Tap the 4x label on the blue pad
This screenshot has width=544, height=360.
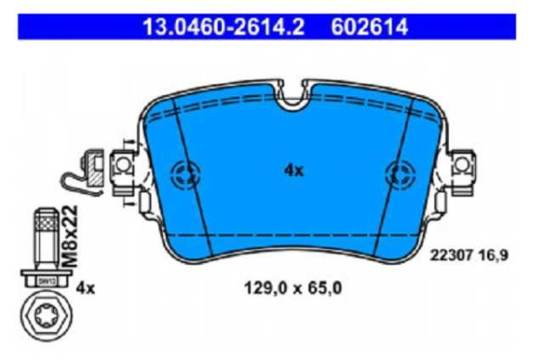point(293,170)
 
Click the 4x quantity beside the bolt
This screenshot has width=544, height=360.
point(85,288)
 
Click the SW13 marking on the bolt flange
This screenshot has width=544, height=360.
point(44,280)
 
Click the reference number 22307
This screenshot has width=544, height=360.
point(449,256)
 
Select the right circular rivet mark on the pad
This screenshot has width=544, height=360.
point(400,172)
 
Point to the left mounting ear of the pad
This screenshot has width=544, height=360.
point(121,166)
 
